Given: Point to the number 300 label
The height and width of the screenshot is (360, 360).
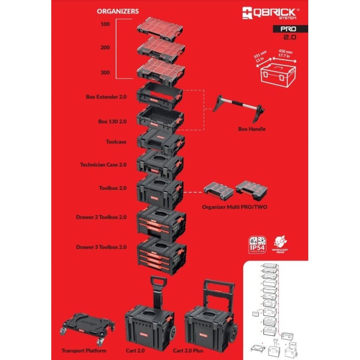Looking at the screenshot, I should (x=105, y=72).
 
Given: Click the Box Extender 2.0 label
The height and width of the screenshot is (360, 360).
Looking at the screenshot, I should (x=106, y=96).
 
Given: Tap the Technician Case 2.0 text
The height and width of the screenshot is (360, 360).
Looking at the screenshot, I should (x=103, y=165).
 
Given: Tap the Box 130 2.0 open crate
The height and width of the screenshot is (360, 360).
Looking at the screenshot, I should (x=161, y=119).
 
